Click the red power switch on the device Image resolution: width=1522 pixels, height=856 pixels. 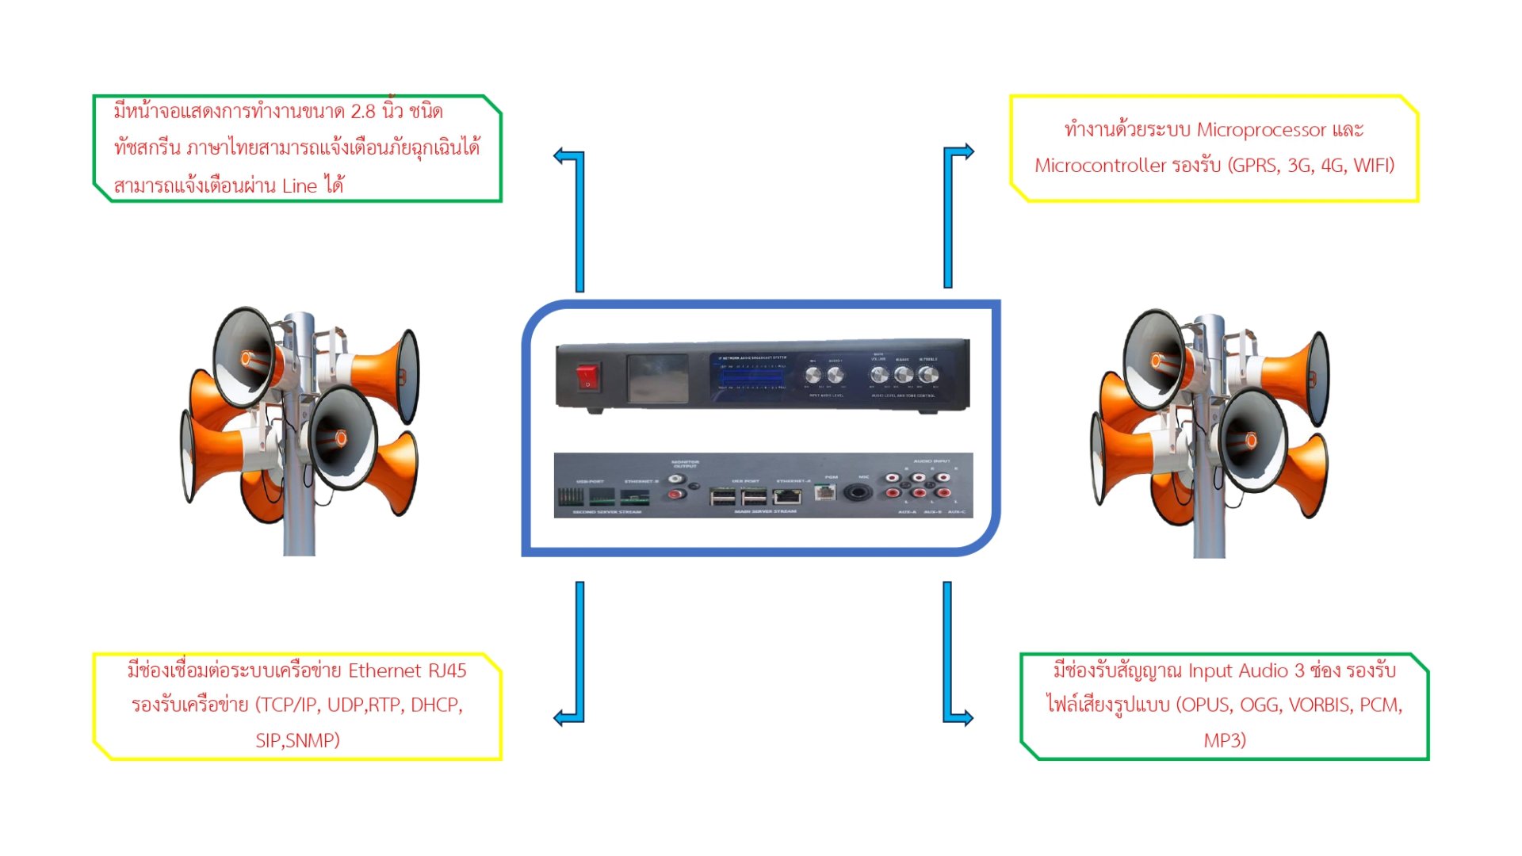(587, 376)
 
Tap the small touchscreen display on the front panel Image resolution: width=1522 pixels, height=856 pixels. (657, 378)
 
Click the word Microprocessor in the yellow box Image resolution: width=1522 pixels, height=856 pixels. (1260, 130)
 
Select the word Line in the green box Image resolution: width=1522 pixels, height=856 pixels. (299, 186)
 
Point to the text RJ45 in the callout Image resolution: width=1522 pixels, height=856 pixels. (447, 671)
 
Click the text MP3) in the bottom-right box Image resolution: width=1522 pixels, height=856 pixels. (1225, 740)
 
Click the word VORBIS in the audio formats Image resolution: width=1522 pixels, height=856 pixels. (1320, 705)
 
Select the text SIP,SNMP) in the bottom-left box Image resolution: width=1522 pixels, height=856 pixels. (297, 740)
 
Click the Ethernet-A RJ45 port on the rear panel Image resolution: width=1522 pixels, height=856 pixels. (786, 497)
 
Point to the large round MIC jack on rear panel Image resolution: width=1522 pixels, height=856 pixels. (857, 493)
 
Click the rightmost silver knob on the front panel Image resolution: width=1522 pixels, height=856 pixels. (927, 375)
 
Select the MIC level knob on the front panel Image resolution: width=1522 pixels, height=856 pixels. (813, 376)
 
